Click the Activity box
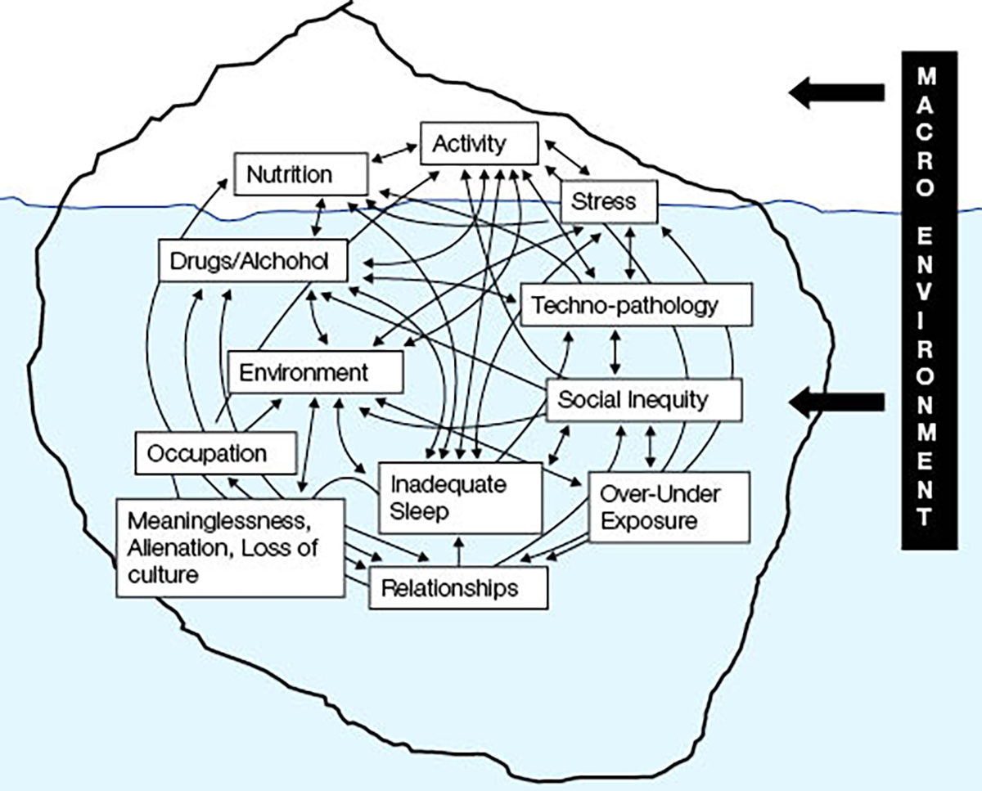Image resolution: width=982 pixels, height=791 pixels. coord(480,145)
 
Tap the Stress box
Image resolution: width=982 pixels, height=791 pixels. coord(609,200)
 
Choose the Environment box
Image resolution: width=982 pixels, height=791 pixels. coord(315,373)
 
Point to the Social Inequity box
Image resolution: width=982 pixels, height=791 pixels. coord(643,400)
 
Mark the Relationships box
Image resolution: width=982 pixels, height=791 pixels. coord(458,587)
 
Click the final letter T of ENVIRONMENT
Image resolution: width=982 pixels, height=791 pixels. coord(928,517)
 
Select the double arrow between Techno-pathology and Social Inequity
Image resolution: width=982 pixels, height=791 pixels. coord(616,353)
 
